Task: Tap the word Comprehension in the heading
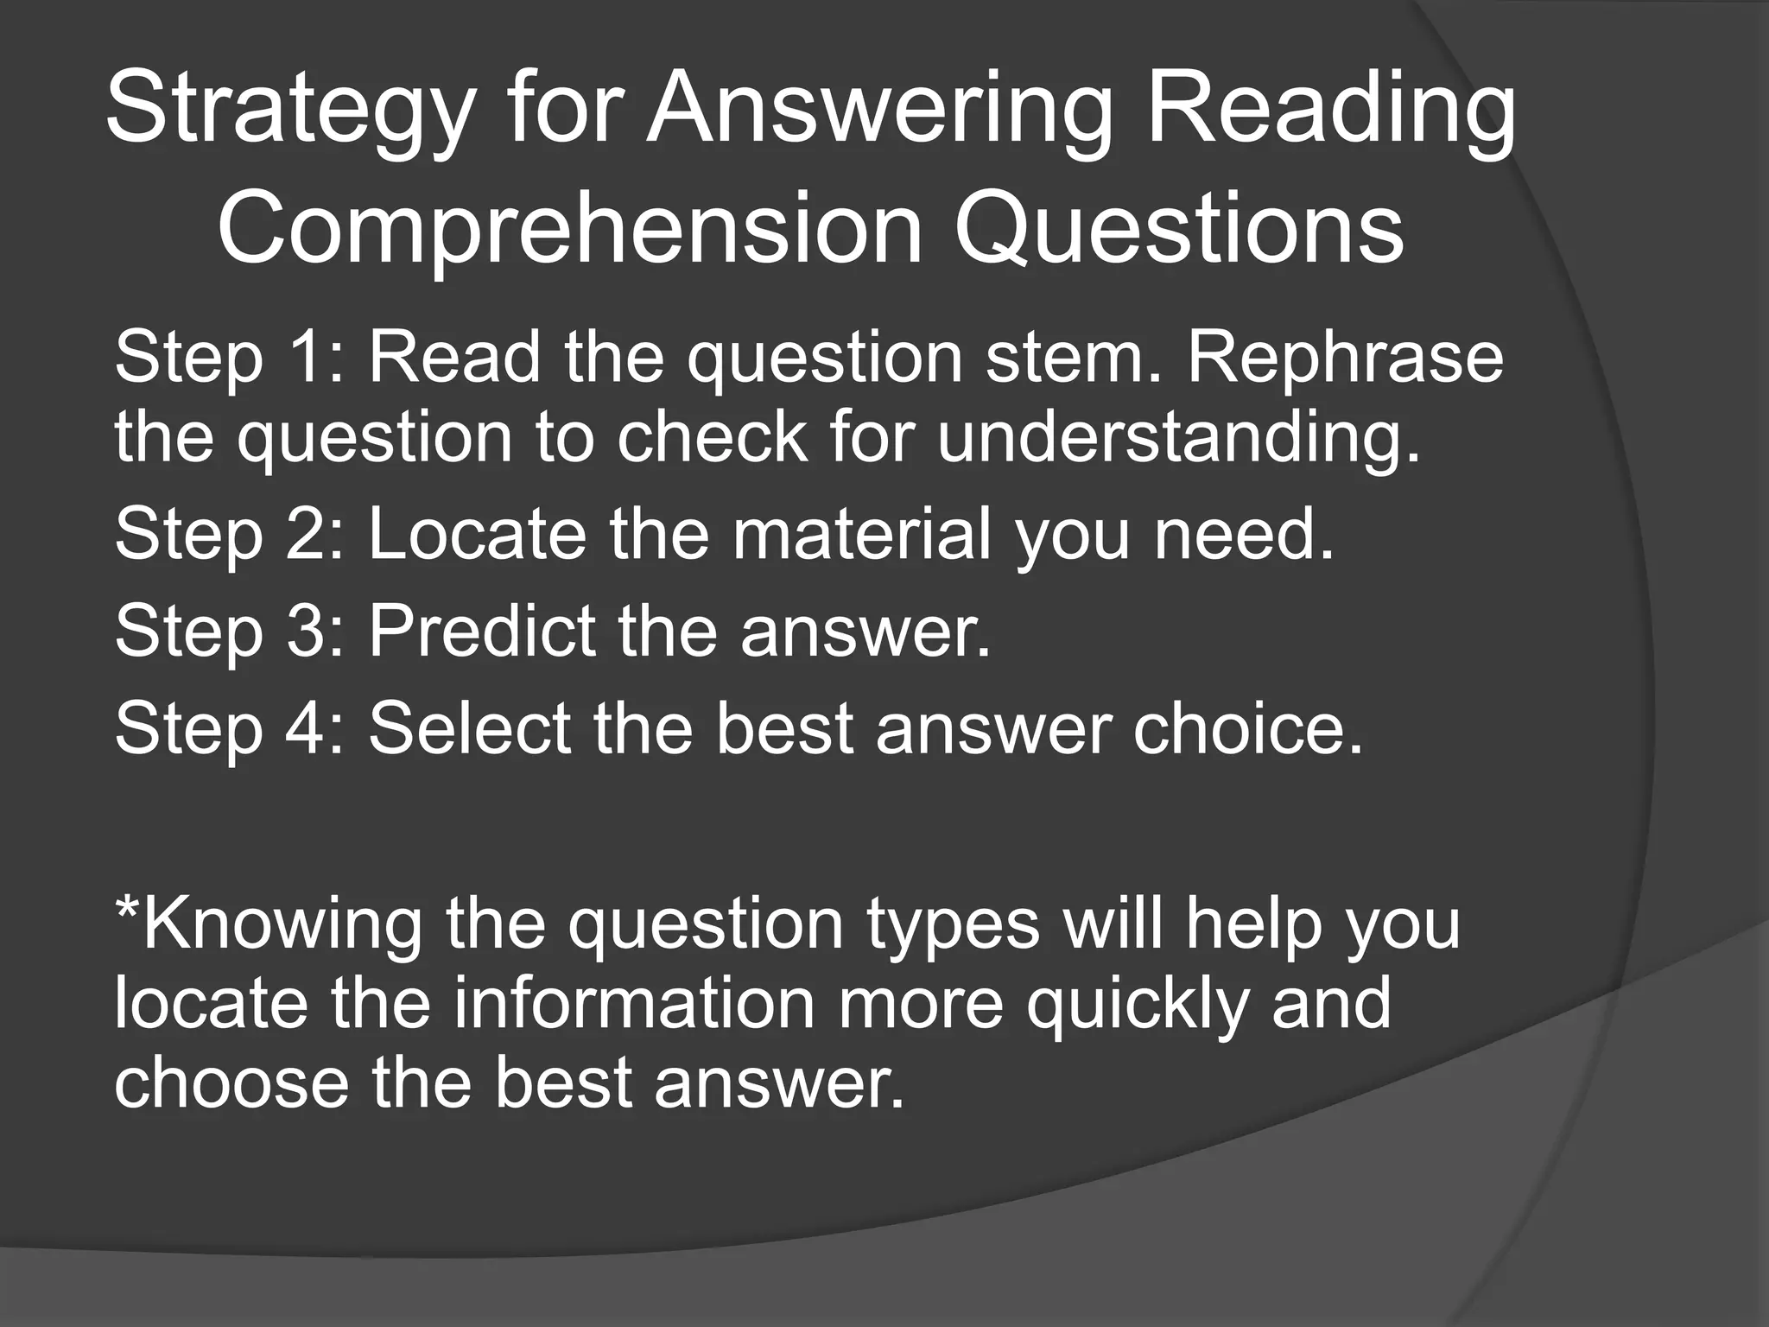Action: coord(569,230)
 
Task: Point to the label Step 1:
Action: coord(229,358)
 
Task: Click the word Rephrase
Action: coord(1344,358)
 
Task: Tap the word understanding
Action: coord(1178,437)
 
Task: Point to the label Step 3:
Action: coord(229,632)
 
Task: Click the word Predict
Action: coord(482,632)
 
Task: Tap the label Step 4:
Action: coord(229,728)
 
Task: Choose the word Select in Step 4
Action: coord(469,728)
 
